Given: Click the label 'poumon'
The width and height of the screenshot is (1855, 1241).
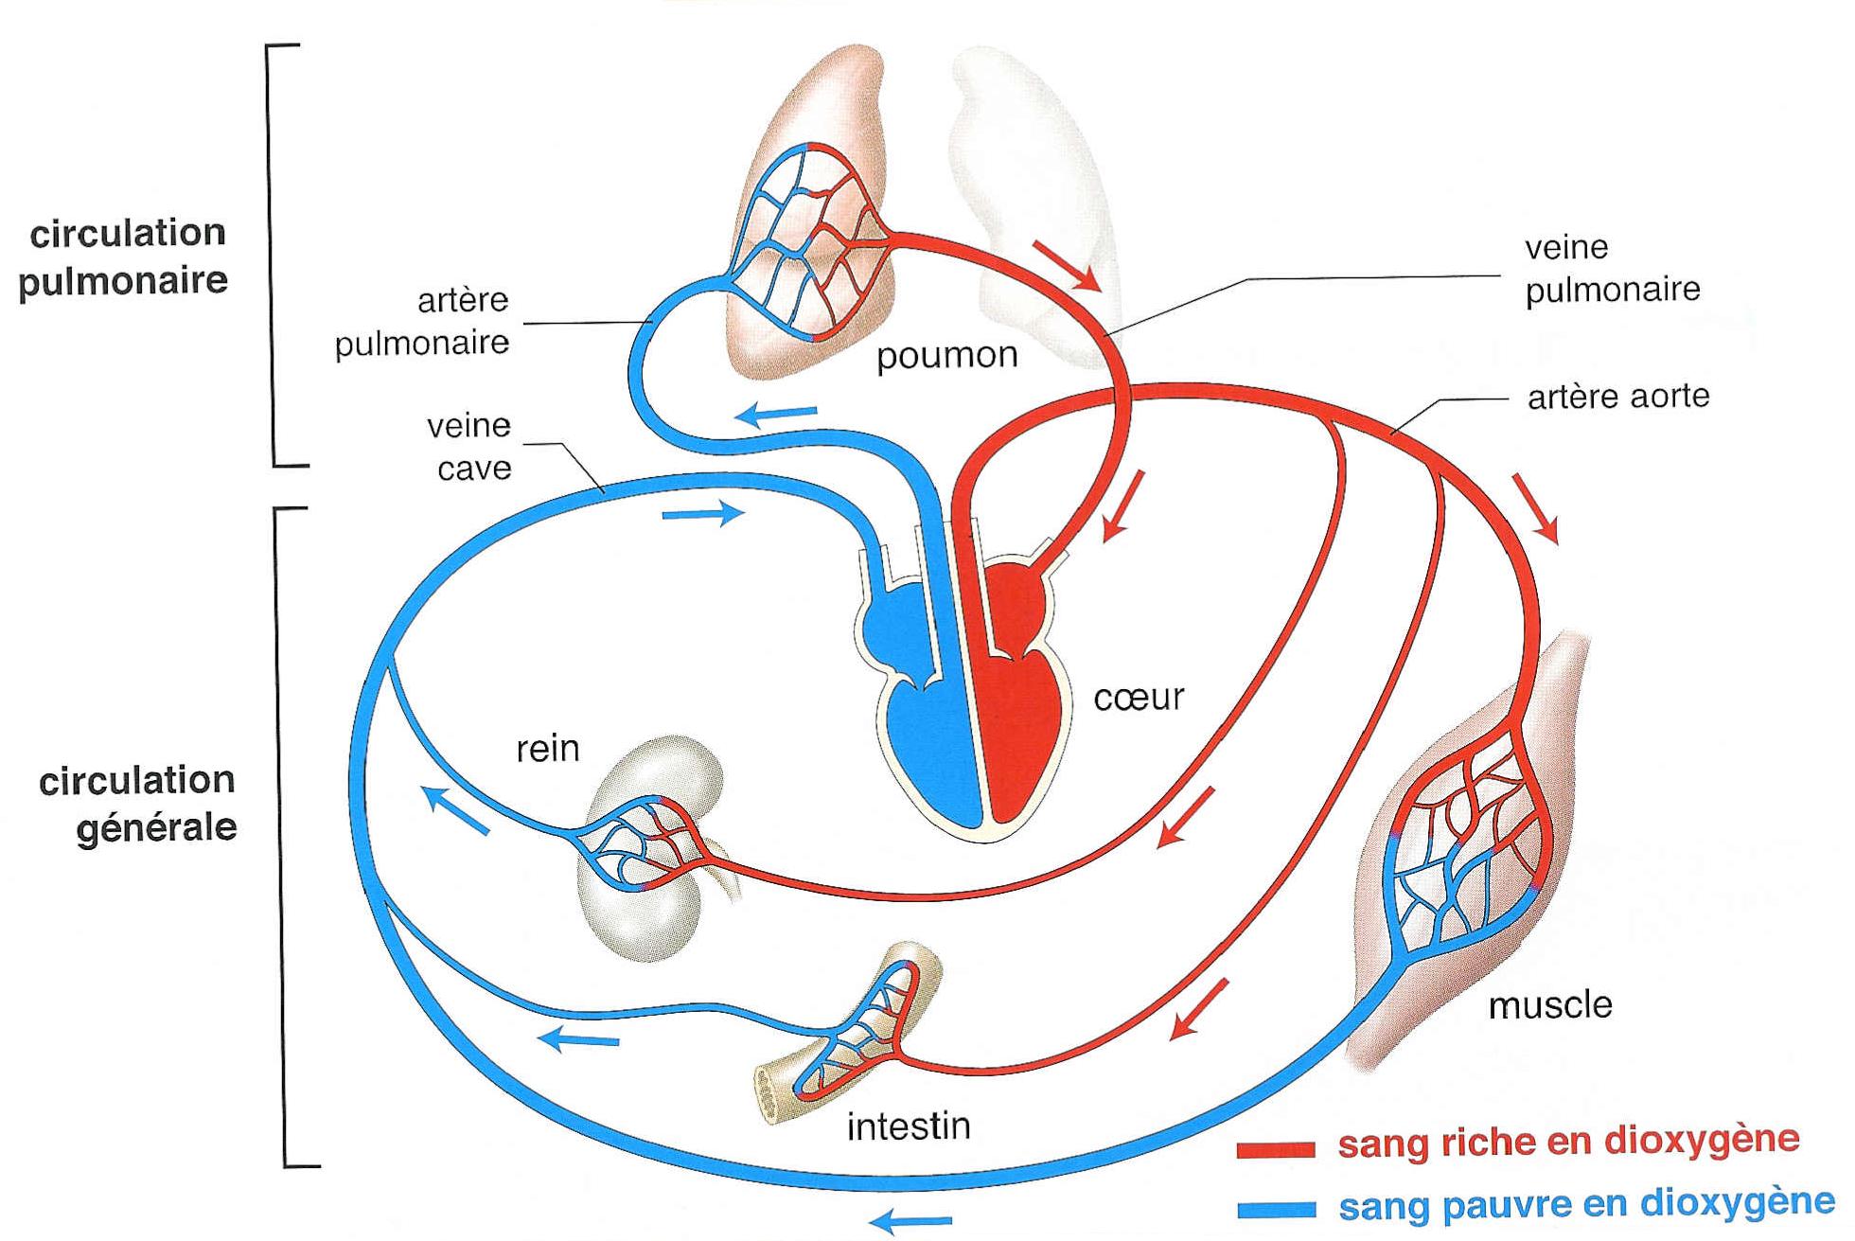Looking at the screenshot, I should tap(946, 356).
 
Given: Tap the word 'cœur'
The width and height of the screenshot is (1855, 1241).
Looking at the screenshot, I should tap(1139, 698).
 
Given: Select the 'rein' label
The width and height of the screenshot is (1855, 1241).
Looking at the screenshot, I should tap(547, 749).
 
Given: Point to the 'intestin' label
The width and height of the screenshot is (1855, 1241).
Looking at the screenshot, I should tap(909, 1126).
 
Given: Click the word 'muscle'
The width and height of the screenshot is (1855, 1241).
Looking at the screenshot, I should tap(1550, 1004).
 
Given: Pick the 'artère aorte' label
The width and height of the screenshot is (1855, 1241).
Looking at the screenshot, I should tap(1618, 396).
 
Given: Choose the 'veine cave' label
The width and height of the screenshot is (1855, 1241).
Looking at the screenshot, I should tap(470, 447).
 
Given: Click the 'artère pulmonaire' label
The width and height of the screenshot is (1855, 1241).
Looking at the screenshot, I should tap(423, 322).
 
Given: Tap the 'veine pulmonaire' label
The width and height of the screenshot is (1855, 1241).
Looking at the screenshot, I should tap(1612, 268).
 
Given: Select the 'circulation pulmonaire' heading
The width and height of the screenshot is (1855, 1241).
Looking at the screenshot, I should tap(125, 257).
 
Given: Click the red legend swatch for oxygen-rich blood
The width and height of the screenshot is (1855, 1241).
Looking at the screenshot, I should tap(1276, 1149).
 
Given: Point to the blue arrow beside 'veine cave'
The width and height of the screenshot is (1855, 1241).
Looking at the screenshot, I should tap(702, 514).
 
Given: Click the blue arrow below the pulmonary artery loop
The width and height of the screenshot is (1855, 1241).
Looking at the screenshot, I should tap(775, 414).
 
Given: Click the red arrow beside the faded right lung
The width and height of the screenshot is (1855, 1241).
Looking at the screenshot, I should tap(1066, 265).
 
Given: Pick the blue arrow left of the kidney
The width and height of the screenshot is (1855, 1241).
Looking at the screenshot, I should tap(455, 812).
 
